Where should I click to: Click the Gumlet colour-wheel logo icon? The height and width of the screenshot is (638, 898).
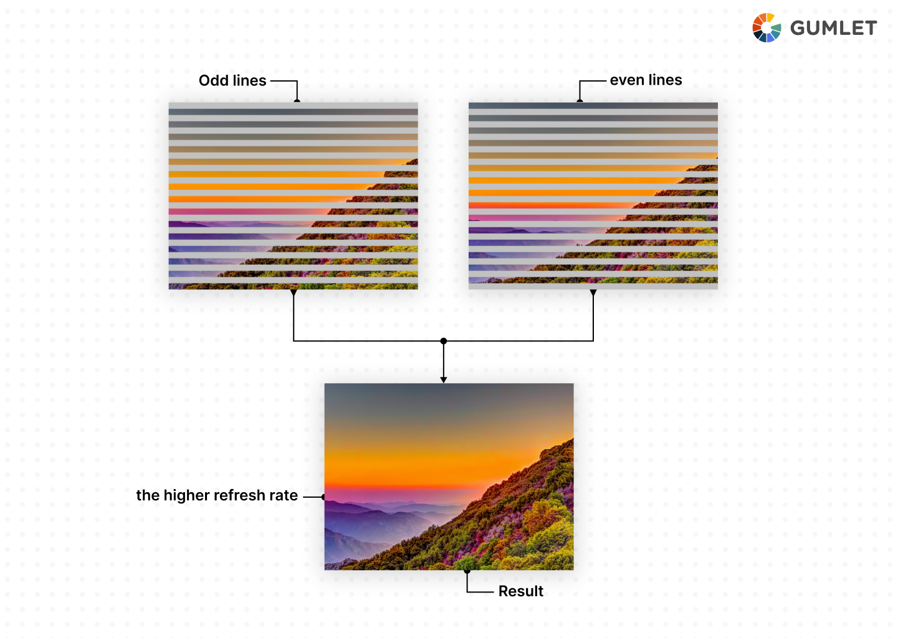tap(767, 28)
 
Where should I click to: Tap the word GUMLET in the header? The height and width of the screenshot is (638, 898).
tap(833, 28)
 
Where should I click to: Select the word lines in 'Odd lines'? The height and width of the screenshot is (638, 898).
tap(249, 80)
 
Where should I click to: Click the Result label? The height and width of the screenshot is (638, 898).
tap(520, 591)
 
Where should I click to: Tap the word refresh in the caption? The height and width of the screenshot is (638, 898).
tap(239, 495)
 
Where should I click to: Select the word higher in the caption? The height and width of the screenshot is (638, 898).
tap(186, 496)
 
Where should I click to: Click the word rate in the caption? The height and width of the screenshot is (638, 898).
tap(284, 496)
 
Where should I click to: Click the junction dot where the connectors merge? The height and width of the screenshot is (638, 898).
tap(444, 341)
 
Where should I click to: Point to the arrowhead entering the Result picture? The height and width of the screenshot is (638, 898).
tap(444, 379)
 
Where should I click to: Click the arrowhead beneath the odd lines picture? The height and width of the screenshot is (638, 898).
tap(294, 292)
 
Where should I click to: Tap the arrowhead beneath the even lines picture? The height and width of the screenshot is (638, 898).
tap(593, 292)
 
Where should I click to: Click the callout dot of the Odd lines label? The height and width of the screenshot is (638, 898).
tap(297, 101)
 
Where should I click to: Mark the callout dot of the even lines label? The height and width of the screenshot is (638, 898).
tap(580, 101)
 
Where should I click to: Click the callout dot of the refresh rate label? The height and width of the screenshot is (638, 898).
tap(324, 497)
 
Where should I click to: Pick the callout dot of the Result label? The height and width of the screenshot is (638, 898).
tap(467, 570)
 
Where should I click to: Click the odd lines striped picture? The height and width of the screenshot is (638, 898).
tap(293, 196)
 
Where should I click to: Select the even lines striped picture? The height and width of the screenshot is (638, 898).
tap(593, 196)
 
